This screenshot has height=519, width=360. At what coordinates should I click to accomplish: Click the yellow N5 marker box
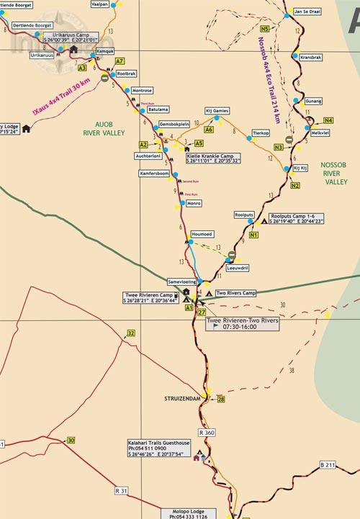(265, 29)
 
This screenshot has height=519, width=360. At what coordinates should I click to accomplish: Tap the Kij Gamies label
(217, 111)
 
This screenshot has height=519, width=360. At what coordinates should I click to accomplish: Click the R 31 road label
(122, 491)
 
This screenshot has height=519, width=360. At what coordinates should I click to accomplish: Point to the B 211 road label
(328, 466)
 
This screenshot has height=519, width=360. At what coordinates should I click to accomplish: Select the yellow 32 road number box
(130, 333)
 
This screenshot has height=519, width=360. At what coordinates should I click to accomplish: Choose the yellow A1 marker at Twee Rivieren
(189, 307)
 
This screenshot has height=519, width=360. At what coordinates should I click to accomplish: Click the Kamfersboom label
(154, 174)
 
